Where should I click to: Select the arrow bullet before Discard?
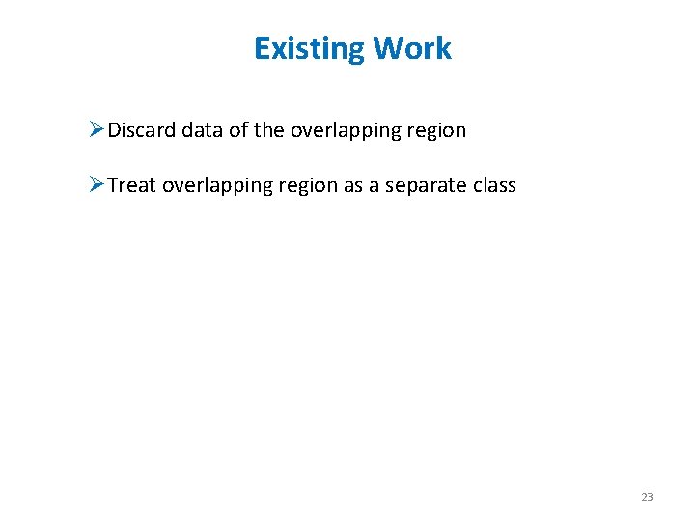96,129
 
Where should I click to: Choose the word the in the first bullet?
269,130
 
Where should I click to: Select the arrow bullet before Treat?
96,183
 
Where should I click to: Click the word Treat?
132,184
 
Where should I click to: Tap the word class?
493,184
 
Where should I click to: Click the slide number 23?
647,497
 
